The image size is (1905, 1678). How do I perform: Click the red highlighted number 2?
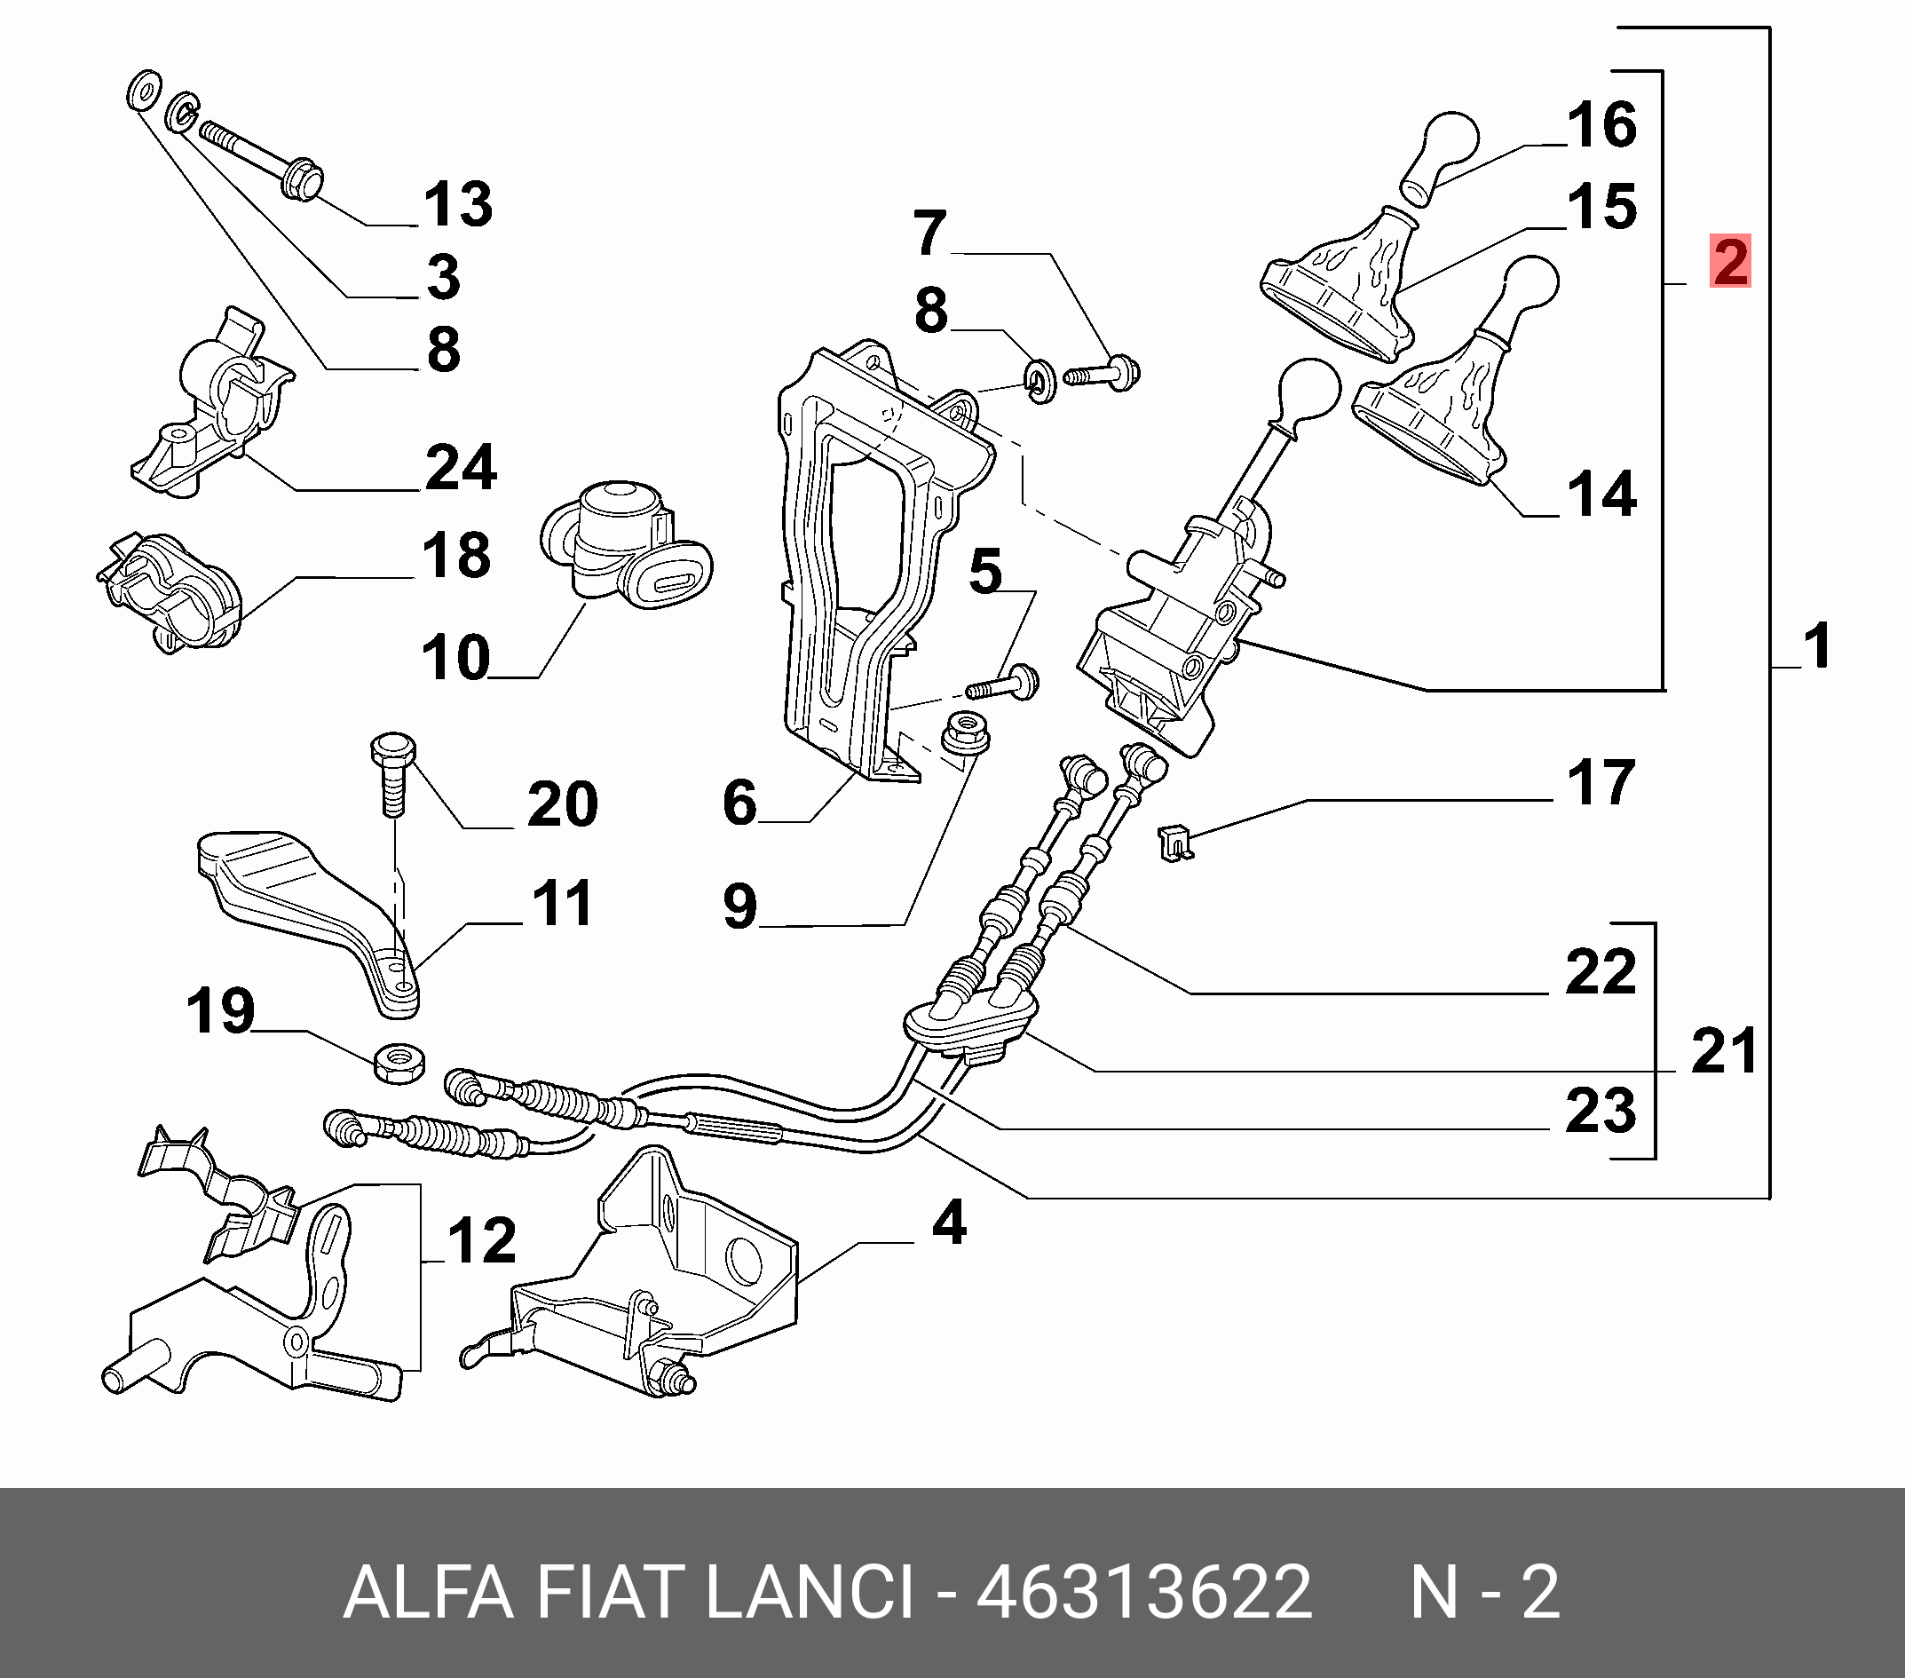[1730, 261]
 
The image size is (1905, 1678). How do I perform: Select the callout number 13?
[458, 204]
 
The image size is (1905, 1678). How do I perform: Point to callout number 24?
[461, 467]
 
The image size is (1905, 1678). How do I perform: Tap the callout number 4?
[949, 1223]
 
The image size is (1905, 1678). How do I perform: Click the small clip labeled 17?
[1175, 843]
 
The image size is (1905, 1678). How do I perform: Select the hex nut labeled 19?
[399, 1063]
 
